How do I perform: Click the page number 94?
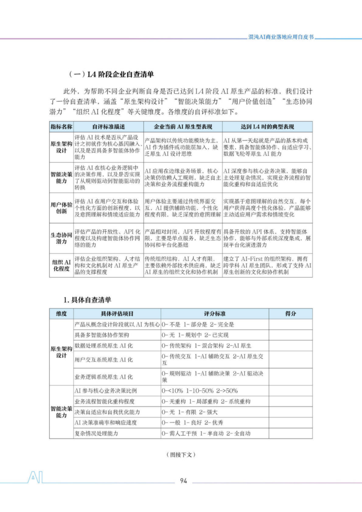[183, 481]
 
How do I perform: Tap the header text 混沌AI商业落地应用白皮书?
[281, 37]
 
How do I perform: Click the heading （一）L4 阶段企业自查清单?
[111, 74]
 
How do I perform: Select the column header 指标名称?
[61, 127]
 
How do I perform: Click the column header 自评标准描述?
[109, 127]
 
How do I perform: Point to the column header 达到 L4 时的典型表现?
[267, 127]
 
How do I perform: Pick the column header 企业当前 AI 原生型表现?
[183, 127]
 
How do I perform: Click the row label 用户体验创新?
[61, 208]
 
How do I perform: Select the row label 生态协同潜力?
[61, 238]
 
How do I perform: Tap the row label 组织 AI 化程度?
[61, 265]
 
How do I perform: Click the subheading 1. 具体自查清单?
[87, 300]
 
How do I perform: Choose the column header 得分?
[291, 314]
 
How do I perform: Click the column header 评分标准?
[215, 314]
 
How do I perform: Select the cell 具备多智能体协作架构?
[102, 335]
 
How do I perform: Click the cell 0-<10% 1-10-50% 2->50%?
[200, 391]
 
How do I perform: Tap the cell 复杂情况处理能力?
[97, 434]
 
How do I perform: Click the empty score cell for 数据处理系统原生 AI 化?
[291, 346]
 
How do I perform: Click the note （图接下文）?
[181, 455]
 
